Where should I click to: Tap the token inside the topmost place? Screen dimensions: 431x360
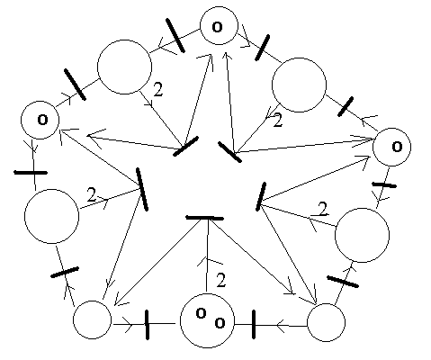(217, 27)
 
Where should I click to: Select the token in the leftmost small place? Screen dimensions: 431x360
(42, 120)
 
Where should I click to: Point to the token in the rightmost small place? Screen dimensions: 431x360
(397, 147)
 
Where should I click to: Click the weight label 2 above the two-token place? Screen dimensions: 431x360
(220, 280)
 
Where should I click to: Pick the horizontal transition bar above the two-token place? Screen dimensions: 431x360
(204, 218)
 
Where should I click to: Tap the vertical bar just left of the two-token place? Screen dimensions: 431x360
(147, 325)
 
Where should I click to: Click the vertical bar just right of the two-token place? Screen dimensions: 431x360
(254, 325)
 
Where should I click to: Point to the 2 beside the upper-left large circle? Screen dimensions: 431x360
(158, 89)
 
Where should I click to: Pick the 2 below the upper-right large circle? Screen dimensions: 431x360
(278, 120)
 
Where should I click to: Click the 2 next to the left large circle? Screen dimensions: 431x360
(92, 194)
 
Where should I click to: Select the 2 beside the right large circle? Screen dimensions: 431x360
(322, 209)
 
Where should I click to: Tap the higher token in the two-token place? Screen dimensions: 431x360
(201, 313)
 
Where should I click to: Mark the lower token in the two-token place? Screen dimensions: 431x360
(220, 323)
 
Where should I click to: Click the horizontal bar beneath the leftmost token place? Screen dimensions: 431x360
(31, 173)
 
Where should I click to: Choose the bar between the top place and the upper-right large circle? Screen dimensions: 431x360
(262, 48)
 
